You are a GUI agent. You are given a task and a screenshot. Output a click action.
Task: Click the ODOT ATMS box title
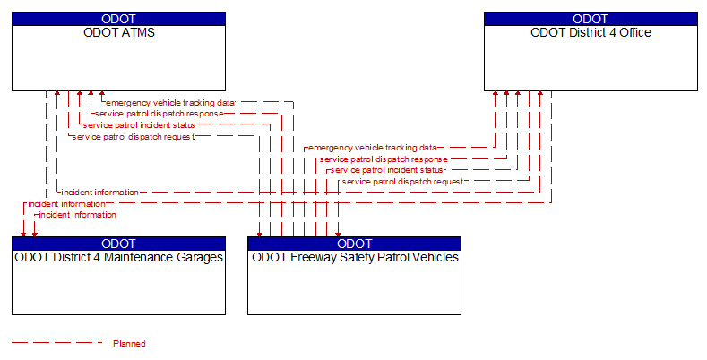pos(119,32)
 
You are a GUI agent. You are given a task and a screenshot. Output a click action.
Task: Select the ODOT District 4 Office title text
pos(591,32)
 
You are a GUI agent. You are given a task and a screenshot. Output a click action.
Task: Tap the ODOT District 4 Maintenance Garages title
pos(119,257)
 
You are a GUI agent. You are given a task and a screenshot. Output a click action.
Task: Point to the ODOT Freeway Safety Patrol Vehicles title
pos(355,257)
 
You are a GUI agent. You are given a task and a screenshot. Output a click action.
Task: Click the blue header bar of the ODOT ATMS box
pos(118,19)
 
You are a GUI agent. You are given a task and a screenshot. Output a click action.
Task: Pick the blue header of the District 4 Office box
pos(591,19)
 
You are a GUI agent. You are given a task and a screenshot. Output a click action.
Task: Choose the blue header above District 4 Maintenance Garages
pos(118,244)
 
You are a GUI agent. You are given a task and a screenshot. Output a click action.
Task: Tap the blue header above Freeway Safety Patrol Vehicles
pos(355,244)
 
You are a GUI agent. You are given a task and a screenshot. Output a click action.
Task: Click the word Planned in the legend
pos(129,344)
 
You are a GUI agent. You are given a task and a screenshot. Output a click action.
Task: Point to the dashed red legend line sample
pos(57,343)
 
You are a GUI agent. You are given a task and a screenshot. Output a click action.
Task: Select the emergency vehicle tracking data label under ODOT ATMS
pos(170,103)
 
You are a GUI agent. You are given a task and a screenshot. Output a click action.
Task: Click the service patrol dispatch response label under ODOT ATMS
pos(160,114)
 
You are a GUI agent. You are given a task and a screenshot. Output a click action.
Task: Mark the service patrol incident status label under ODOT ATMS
pos(139,125)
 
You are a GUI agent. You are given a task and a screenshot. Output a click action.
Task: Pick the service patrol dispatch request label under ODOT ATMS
pos(134,137)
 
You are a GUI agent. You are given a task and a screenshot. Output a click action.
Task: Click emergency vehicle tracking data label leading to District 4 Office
pos(373,148)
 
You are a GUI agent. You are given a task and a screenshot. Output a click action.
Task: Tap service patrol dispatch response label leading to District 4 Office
pos(384,159)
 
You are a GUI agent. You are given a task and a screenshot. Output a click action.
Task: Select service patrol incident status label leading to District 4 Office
pos(387,170)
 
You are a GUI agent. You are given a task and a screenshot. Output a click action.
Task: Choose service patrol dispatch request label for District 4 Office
pos(402,182)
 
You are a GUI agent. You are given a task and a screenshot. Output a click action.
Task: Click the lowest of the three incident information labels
pos(78,215)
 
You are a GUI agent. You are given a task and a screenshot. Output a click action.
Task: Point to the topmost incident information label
pos(100,193)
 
